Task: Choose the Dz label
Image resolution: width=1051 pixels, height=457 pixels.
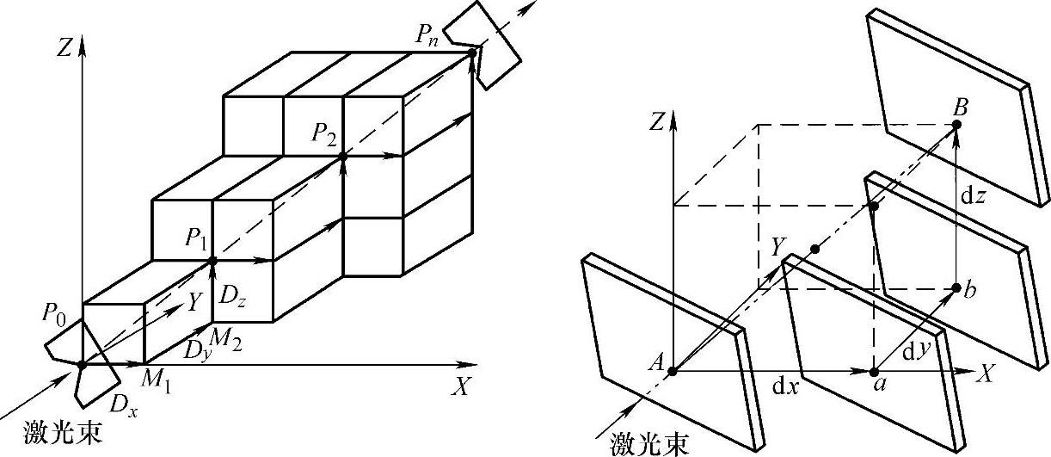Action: (x=230, y=298)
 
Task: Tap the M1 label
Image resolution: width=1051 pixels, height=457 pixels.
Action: (x=156, y=383)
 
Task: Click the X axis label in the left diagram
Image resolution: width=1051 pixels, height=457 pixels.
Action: (x=462, y=389)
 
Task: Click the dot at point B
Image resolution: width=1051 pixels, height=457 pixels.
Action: (x=957, y=125)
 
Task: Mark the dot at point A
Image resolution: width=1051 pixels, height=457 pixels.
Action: (x=673, y=372)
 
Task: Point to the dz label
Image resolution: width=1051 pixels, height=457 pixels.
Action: (x=974, y=196)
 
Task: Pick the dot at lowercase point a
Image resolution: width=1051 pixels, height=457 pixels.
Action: (x=875, y=372)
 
